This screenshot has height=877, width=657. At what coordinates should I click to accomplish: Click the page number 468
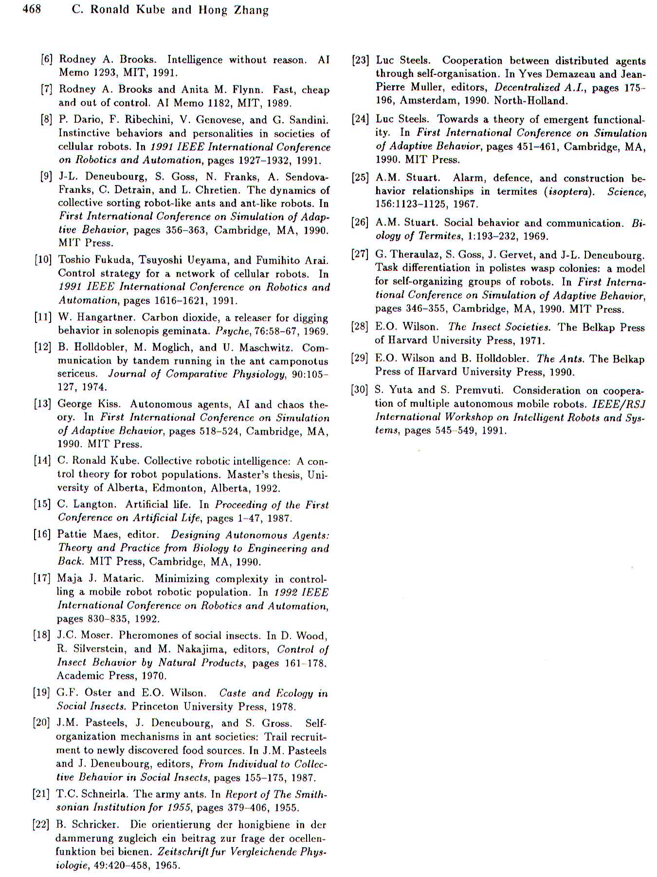31,9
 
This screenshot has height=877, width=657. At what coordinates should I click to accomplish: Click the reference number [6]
47,59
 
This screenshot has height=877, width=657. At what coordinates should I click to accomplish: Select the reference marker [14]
42,461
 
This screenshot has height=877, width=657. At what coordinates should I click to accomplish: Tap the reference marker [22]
41,825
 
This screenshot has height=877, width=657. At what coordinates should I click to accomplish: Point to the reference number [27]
360,254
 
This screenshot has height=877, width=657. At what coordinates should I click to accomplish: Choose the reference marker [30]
360,390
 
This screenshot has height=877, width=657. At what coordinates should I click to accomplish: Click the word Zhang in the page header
251,10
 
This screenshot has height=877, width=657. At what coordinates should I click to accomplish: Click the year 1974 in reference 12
94,387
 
